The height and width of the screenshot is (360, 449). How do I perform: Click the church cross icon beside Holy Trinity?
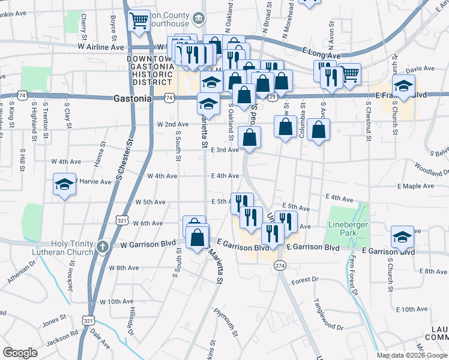(103, 245)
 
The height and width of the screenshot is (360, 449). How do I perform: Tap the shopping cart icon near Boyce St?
(139, 22)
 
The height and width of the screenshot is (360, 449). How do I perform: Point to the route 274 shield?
(280, 265)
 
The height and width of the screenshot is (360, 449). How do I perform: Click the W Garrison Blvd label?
(148, 245)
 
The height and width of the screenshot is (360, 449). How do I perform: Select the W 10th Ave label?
(116, 301)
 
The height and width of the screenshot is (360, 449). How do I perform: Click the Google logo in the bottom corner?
(20, 353)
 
